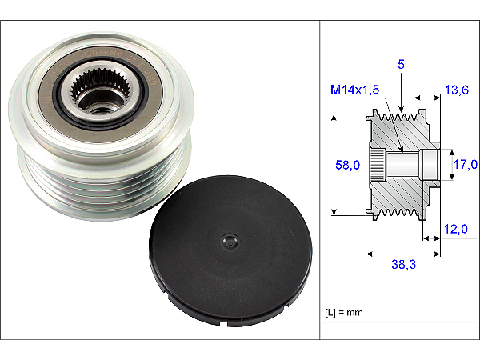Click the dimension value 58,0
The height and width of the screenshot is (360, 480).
click(x=347, y=165)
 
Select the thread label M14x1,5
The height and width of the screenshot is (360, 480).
click(x=354, y=90)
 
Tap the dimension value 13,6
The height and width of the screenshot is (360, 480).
click(x=457, y=90)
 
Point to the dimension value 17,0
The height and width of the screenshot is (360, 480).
click(x=466, y=164)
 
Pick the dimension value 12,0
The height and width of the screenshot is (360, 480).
click(x=456, y=229)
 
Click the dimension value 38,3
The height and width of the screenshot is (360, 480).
click(x=404, y=264)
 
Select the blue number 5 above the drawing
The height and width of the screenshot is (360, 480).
click(x=401, y=64)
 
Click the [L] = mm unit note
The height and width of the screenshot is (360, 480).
click(x=344, y=313)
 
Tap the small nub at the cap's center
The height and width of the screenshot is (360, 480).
click(x=230, y=242)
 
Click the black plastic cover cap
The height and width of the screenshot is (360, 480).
click(x=231, y=251)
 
